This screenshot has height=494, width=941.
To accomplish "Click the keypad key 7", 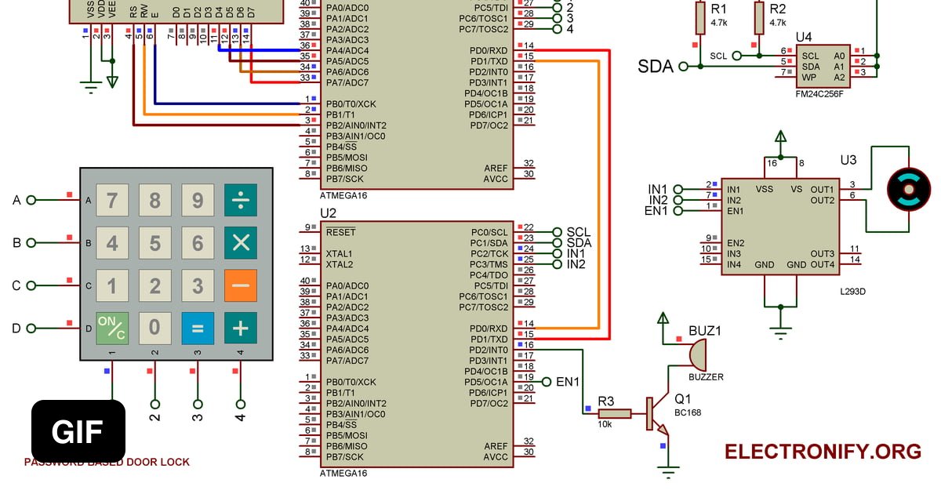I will coord(112,201).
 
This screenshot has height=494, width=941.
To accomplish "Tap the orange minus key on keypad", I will coord(240,286).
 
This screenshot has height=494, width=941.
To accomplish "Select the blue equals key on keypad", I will coord(198,329).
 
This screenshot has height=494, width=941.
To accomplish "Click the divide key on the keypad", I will coord(240,201).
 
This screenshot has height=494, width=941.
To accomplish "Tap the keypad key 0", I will coord(155,329).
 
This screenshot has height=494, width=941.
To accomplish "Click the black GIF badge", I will coord(78,431).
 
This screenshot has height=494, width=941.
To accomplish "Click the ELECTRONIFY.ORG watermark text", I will coord(823,452).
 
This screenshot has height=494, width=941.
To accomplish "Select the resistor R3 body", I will coord(616,414).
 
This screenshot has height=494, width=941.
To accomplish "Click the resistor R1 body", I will coord(701,17).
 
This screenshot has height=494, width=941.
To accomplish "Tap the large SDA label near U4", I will coord(656,67).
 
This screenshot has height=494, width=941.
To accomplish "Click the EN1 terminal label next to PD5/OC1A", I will coord(567,382).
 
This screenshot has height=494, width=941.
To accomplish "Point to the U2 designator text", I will coord(328,213).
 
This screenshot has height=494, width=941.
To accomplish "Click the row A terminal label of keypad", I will coord(16,200).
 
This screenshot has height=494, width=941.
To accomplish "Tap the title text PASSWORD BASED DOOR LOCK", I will coord(107,463).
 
